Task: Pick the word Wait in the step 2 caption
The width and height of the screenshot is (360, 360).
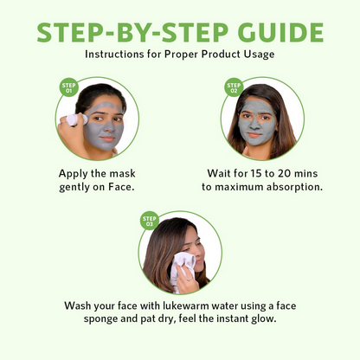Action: (x=222, y=172)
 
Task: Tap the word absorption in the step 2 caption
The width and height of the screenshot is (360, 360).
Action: (x=284, y=186)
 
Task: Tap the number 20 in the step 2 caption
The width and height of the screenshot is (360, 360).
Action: (x=295, y=172)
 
